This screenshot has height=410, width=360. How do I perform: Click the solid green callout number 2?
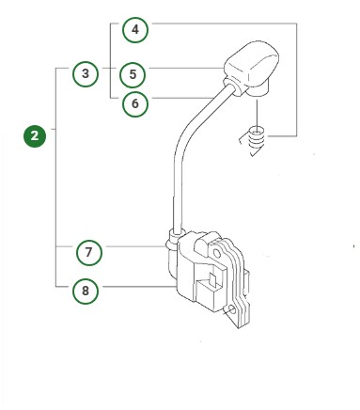pos(36,136)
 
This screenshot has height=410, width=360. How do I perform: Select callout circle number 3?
pos(86,73)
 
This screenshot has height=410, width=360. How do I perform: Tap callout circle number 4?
pos(135,31)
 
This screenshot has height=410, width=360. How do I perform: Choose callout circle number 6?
pos(135,103)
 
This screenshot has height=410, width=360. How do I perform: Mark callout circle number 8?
pos(86,291)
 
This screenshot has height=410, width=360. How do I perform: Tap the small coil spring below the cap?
pos(257,141)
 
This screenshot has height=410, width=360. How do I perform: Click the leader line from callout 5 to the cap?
pos(188,69)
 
